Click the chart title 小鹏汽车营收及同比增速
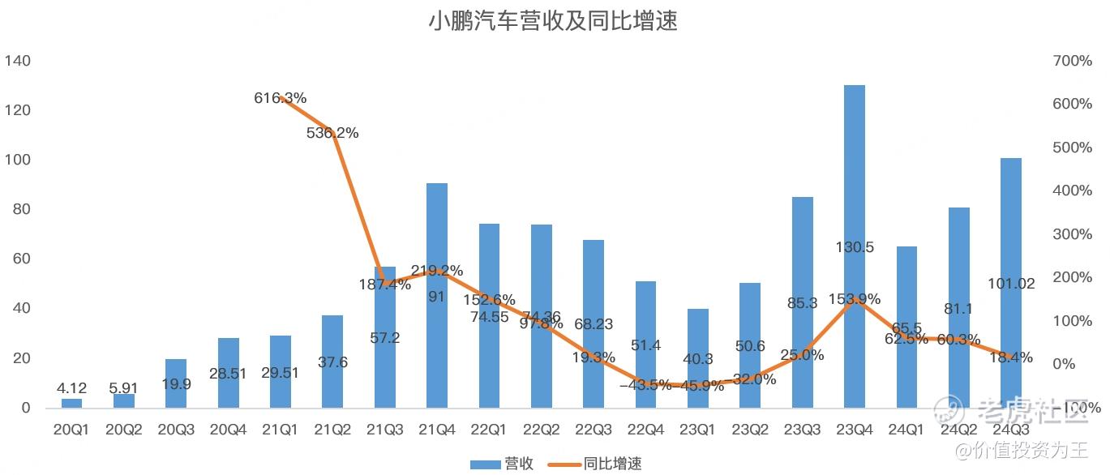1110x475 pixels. click(x=553, y=21)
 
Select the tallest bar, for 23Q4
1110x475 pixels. click(x=855, y=243)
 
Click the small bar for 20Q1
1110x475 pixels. click(x=72, y=403)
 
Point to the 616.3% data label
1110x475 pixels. click(x=281, y=98)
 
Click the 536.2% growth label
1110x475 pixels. click(x=332, y=133)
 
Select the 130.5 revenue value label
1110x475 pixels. click(x=855, y=247)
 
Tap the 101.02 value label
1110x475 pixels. click(x=1011, y=284)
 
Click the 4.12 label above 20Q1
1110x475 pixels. click(x=72, y=388)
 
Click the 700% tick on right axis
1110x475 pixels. click(x=1071, y=61)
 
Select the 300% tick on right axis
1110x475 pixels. click(x=1071, y=234)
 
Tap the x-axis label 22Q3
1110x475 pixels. click(x=594, y=428)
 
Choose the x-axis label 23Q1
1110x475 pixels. click(x=698, y=428)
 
